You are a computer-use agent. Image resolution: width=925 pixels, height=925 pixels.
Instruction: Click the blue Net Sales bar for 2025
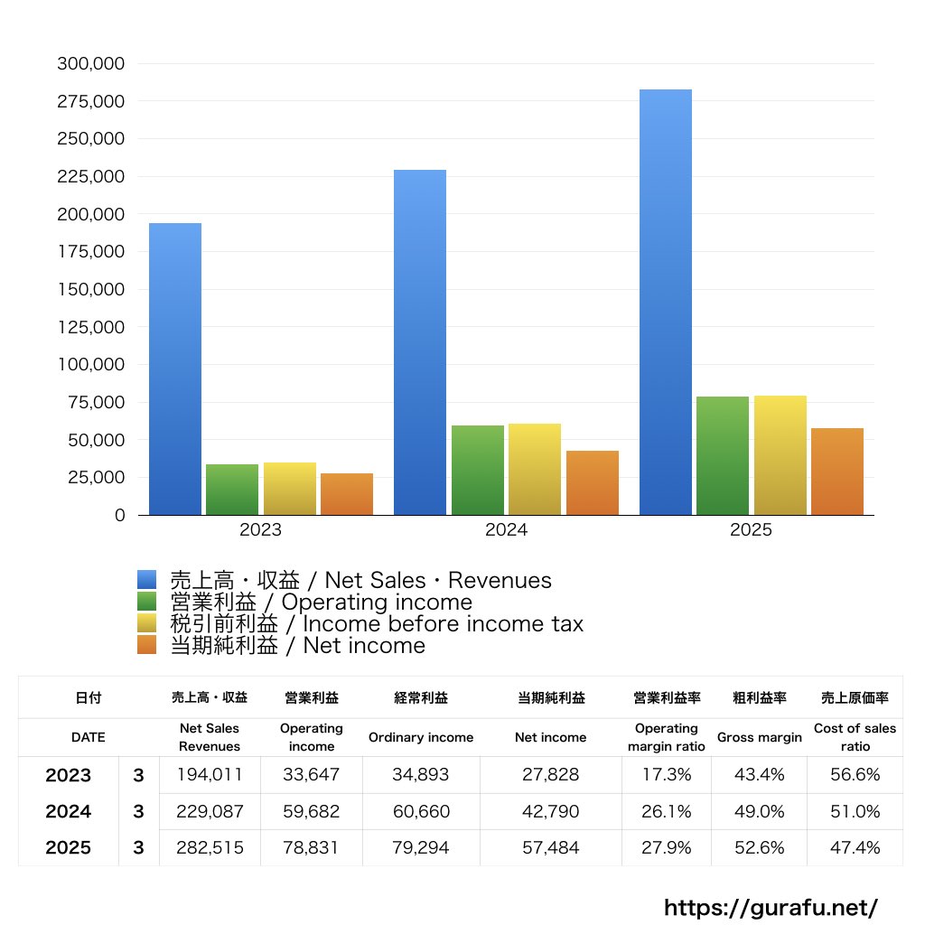(x=666, y=303)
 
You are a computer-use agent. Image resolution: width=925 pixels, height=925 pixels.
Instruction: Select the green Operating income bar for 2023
(x=232, y=490)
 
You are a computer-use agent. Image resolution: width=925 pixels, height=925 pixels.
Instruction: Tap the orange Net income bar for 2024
(x=593, y=483)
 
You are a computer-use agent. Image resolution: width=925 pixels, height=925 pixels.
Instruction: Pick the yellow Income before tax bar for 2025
(x=780, y=455)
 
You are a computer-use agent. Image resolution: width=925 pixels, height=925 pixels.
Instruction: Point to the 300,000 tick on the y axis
(x=90, y=64)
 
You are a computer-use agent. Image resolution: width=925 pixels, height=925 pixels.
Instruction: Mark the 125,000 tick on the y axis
(x=90, y=327)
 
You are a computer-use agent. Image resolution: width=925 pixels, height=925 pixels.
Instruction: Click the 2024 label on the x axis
(x=506, y=530)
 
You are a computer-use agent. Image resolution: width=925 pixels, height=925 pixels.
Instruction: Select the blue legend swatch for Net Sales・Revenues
(x=147, y=580)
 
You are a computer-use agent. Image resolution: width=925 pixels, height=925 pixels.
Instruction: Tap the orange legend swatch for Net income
(x=147, y=645)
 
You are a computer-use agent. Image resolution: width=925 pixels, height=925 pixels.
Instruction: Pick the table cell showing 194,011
(x=210, y=775)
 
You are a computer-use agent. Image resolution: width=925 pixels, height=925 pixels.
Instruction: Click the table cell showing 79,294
(x=420, y=848)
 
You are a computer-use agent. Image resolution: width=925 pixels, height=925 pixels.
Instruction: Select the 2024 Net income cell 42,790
(x=550, y=811)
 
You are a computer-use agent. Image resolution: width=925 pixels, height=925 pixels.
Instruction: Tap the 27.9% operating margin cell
(x=666, y=848)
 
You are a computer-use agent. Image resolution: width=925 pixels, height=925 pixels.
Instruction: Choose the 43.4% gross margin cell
(x=759, y=775)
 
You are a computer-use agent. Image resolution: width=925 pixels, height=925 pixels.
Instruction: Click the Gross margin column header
(x=759, y=737)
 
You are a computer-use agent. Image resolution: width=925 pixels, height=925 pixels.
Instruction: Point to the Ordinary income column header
(x=420, y=737)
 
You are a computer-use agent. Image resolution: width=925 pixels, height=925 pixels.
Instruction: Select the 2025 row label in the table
(x=69, y=848)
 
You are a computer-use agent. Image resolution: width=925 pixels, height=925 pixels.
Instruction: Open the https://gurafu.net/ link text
(x=771, y=907)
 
